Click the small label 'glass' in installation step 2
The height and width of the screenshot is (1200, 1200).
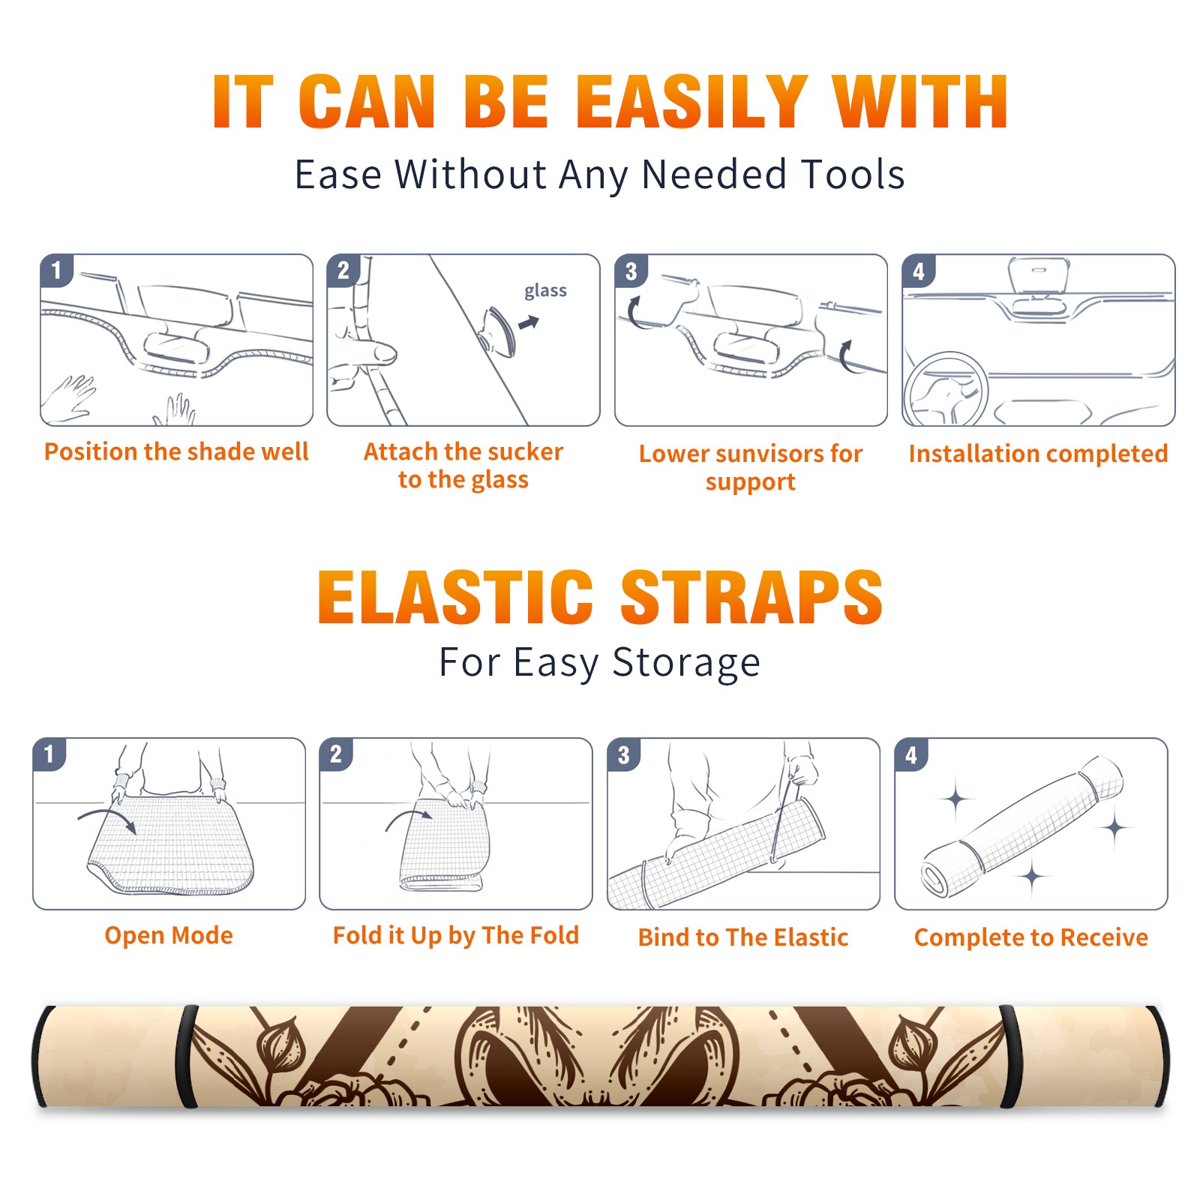[x=545, y=291]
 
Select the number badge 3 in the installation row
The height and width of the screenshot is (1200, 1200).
[x=631, y=271]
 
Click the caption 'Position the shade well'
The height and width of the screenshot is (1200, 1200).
[x=176, y=451]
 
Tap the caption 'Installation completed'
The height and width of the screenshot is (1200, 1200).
[x=1038, y=453]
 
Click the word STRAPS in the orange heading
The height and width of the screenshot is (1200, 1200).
[x=751, y=597]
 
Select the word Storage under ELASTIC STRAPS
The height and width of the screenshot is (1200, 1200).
[x=685, y=663]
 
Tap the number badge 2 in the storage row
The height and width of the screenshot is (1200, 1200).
[x=336, y=754]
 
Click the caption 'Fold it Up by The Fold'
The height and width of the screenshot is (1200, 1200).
[x=456, y=935]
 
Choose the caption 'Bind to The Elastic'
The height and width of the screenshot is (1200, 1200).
[x=743, y=937]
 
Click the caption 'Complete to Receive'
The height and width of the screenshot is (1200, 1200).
[x=1031, y=937]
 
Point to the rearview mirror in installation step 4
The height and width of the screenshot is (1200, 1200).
[x=1039, y=277]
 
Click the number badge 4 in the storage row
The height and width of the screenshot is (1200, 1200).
[x=911, y=754]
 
